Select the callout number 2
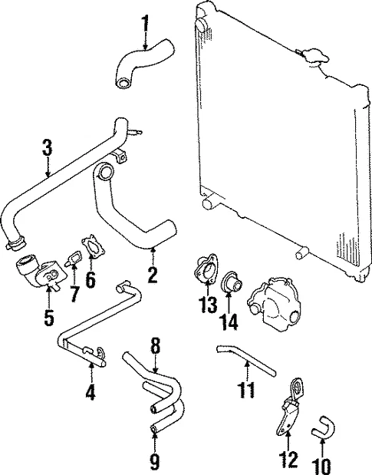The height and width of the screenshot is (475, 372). click(153, 274)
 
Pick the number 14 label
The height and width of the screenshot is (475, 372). click(229, 320)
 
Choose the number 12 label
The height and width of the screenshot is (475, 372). click(288, 460)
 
